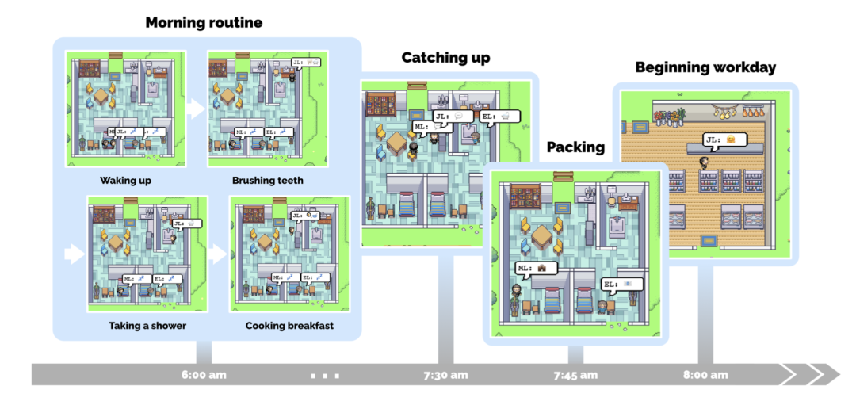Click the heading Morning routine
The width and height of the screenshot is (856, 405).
click(x=204, y=22)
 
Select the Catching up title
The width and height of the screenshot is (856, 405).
click(x=445, y=57)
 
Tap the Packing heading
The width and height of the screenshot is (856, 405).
click(x=575, y=147)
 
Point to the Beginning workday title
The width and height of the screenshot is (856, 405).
click(x=705, y=67)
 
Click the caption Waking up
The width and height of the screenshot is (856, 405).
click(x=125, y=181)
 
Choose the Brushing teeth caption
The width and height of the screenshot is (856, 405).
click(x=267, y=181)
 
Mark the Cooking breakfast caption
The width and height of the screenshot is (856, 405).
click(x=289, y=326)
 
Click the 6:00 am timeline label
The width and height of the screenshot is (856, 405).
click(x=204, y=374)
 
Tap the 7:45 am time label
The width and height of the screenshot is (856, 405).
click(x=575, y=374)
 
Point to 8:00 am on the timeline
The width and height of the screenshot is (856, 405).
click(x=705, y=374)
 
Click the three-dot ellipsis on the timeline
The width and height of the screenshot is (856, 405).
click(x=326, y=374)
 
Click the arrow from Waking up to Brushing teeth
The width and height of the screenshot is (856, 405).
click(x=196, y=109)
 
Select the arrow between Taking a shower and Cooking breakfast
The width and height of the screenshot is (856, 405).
click(x=218, y=254)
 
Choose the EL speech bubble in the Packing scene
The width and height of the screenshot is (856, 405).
click(x=621, y=284)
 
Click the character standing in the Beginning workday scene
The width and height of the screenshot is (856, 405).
click(x=703, y=162)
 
